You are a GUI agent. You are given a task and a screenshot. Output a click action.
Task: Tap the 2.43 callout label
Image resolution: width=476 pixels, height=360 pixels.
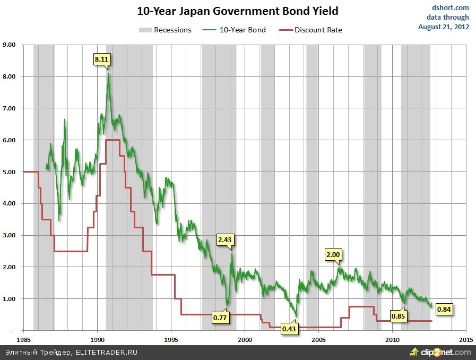click(225, 240)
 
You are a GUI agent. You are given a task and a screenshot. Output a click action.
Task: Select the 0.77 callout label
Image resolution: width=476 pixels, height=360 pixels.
click(220, 318)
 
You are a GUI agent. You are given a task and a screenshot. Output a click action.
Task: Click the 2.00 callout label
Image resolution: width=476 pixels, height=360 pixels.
click(333, 255)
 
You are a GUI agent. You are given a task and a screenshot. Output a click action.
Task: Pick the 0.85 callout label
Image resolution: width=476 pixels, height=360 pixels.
click(398, 316)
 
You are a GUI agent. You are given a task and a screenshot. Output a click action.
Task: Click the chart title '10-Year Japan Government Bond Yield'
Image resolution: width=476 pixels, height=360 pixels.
click(237, 11)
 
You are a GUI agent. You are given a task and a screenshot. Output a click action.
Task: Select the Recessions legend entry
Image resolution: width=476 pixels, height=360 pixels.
click(165, 30)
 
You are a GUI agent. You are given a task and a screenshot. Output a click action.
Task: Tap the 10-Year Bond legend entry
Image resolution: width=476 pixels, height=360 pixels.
click(234, 30)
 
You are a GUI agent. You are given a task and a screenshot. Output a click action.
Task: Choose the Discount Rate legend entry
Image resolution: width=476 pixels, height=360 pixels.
click(311, 30)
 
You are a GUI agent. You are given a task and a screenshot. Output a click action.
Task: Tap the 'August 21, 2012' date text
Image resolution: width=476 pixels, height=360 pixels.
click(444, 27)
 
